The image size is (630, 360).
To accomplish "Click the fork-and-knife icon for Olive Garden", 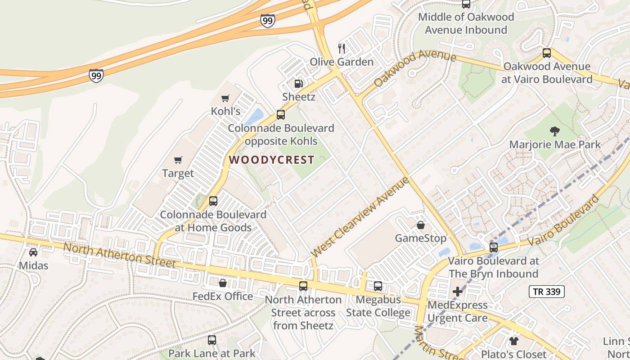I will coord(342,48).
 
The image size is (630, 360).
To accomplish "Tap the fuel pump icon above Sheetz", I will coord(298,83).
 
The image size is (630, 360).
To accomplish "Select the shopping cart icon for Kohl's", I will coord(225,98).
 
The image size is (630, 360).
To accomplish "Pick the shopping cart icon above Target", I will coord(178,160).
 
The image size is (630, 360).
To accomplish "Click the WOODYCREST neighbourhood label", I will coord(271,160).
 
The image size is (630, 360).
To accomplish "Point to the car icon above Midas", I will coord(33,252).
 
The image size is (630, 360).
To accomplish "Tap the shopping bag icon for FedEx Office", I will coord(222,283).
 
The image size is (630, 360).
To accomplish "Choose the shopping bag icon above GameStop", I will coord(420,225).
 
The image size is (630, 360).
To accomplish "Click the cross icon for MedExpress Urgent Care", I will coord(457,292).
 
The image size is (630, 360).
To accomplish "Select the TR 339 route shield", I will coord(546,292).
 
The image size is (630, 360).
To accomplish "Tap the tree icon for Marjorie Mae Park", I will coord(554,131).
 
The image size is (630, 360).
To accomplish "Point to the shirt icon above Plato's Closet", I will coord(513,341).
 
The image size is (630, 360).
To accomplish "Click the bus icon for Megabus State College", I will coord(378,286).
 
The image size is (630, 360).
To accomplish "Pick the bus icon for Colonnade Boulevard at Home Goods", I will coord(213,201).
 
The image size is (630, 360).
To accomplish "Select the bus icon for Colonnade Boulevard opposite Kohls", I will coord(281,115).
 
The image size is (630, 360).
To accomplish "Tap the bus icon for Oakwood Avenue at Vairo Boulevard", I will coord(547,53).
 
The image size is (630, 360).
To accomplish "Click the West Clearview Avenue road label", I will coord(360,217).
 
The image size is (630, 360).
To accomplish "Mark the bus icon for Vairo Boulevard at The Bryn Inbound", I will coord(494,247).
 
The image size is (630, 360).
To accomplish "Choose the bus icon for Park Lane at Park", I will coord(212,340).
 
